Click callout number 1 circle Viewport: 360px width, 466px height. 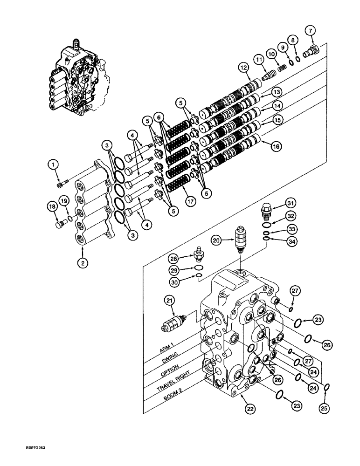click(x=54, y=164)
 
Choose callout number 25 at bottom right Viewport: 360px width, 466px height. click(x=325, y=409)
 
